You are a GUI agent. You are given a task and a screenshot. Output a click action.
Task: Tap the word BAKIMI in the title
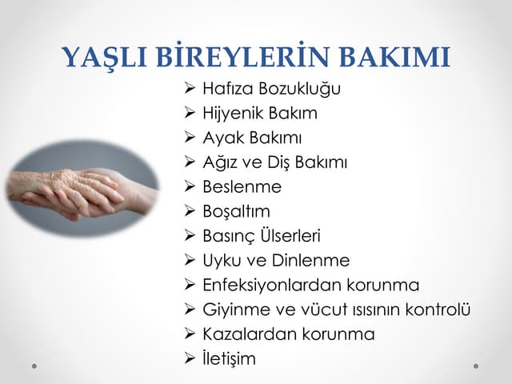click(x=395, y=58)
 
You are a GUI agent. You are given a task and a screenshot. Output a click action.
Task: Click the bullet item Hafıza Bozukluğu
click(x=271, y=88)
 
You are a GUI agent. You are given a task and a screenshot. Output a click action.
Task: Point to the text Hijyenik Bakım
click(x=260, y=113)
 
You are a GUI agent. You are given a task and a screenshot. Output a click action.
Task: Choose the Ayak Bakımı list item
click(x=252, y=138)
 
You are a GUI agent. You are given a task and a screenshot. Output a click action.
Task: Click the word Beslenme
click(x=242, y=187)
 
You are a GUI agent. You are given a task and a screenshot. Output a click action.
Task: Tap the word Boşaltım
click(x=236, y=211)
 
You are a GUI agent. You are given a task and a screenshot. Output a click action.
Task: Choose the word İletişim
click(x=229, y=358)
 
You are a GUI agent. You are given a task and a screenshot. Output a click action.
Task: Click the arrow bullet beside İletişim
click(x=190, y=358)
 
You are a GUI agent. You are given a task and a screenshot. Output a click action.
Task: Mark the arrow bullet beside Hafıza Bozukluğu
click(x=190, y=88)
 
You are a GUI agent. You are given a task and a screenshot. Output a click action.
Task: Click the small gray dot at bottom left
click(x=34, y=366)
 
